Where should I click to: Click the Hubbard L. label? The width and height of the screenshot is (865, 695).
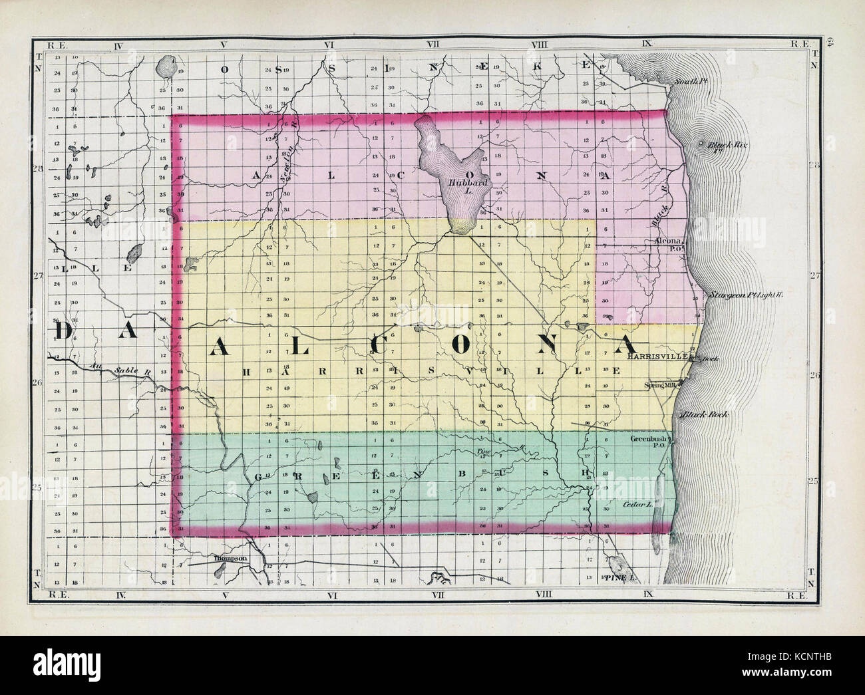460,185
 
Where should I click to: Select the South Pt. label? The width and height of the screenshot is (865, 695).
686,82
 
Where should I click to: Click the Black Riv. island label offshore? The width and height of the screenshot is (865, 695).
725,146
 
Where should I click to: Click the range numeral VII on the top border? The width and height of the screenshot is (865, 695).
435,45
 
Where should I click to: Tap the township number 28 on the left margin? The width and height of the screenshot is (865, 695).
39,169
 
